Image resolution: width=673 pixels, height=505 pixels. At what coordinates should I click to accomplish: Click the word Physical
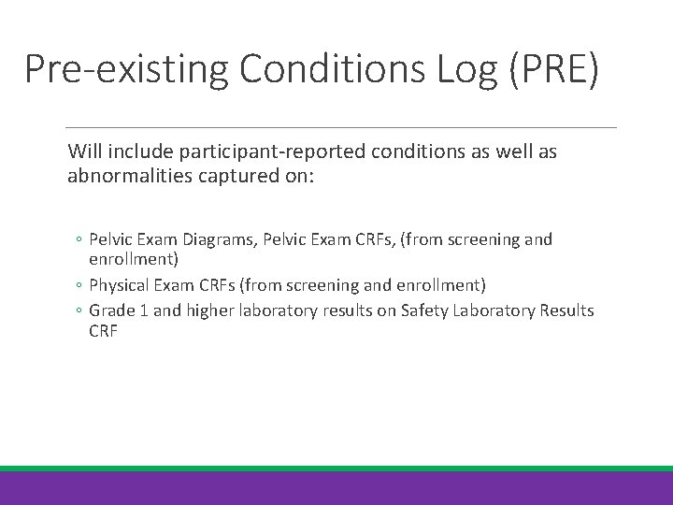click(x=118, y=283)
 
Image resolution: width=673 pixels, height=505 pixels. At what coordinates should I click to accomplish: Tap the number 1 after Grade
click(x=141, y=310)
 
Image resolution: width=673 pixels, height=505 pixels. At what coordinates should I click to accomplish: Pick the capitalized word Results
click(x=566, y=310)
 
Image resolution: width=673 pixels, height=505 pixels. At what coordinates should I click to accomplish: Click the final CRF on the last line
click(x=104, y=331)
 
